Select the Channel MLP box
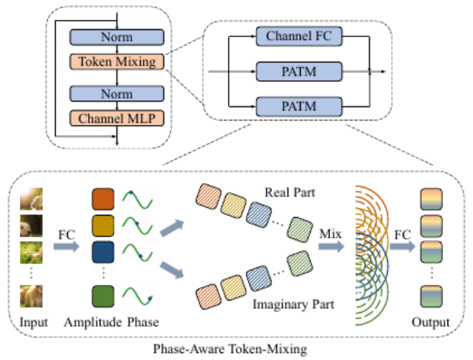click(116, 119)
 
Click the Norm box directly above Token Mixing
click(116, 36)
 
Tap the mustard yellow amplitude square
click(103, 223)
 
